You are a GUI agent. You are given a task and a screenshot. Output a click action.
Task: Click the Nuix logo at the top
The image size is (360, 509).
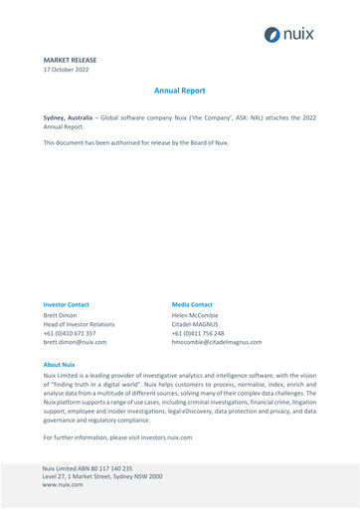click(288, 34)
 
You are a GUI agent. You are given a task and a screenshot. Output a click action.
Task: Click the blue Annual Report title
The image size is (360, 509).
click(180, 90)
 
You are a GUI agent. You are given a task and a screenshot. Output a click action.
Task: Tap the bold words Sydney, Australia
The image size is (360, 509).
click(73, 117)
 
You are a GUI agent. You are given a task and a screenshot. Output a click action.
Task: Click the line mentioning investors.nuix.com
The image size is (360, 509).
click(117, 437)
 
